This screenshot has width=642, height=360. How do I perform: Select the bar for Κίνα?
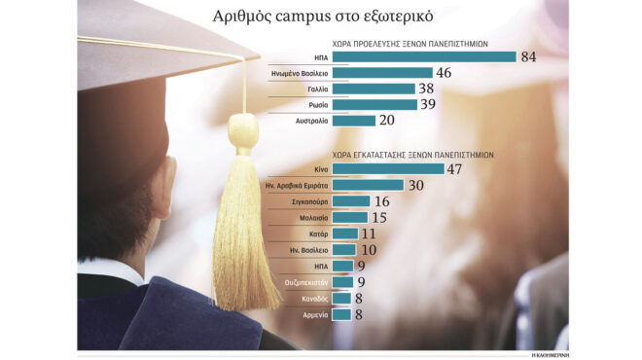pyautogui.click(x=388, y=168)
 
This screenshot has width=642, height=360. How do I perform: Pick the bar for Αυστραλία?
pyautogui.click(x=354, y=121)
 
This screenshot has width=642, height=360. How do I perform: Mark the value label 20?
pyautogui.click(x=387, y=121)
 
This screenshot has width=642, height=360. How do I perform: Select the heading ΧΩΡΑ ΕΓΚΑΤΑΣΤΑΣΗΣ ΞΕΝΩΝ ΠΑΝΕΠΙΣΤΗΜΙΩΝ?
pyautogui.click(x=414, y=155)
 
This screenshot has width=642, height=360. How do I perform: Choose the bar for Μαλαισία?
pyautogui.click(x=350, y=218)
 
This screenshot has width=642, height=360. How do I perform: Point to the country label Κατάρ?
pyautogui.click(x=315, y=234)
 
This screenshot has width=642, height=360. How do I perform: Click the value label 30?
pyautogui.click(x=417, y=185)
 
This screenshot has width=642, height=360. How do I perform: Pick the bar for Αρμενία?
pyautogui.click(x=341, y=314)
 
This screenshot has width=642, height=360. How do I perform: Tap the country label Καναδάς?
pyautogui.click(x=311, y=299)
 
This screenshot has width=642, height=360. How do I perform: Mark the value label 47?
pyautogui.click(x=458, y=168)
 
